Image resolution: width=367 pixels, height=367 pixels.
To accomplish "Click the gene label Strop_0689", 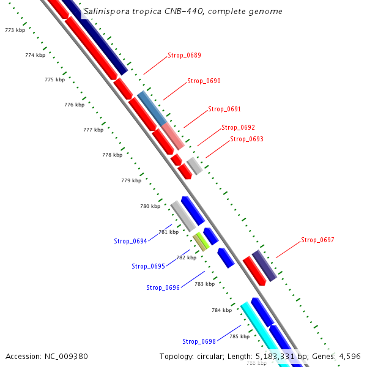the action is tap(184, 55).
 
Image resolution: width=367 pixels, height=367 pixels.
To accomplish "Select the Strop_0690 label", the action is tap(204, 81).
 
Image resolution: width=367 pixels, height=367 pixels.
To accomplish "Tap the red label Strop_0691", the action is tap(224, 109).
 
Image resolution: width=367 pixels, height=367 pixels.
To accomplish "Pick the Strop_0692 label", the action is tap(238, 127).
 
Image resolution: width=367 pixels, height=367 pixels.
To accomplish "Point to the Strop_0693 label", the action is tap(247, 139).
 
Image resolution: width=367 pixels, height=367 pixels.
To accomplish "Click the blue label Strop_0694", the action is tap(130, 241).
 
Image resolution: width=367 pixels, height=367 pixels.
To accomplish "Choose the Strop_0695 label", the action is tap(148, 266).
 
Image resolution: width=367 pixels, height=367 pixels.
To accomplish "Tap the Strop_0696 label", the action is tap(163, 287).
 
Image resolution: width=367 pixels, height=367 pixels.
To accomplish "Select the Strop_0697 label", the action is tap(317, 240).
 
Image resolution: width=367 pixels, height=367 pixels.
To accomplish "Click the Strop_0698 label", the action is tap(199, 341).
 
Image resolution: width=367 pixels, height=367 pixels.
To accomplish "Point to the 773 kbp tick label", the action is tap(15, 30).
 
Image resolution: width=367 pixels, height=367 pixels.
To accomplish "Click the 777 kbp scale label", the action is tap(93, 130).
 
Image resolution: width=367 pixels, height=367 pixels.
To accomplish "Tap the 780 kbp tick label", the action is tap(150, 206).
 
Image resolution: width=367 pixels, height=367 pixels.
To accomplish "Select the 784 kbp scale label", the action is tap(221, 310).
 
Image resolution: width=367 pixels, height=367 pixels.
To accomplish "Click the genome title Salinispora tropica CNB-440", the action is tap(183, 12).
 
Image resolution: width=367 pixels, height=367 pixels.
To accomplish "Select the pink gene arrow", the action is tap(172, 135).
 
